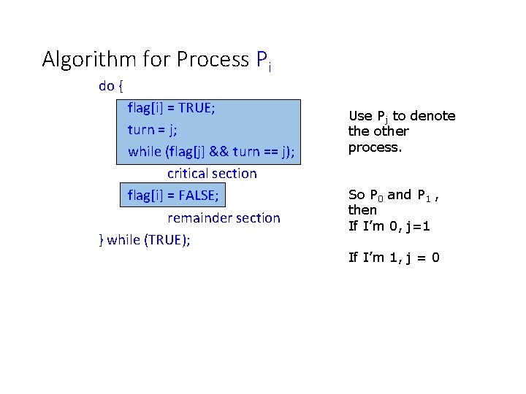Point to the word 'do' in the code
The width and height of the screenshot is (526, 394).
point(107,86)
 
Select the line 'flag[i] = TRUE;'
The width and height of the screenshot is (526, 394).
point(171,108)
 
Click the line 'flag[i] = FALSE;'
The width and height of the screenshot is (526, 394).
point(173,196)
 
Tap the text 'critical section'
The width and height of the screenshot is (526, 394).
point(212,174)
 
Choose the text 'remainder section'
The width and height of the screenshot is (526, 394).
point(224,218)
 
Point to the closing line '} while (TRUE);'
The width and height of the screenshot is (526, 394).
point(144,239)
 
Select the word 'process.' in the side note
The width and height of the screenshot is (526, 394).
point(376,147)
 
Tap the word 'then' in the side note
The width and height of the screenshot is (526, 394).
point(363,209)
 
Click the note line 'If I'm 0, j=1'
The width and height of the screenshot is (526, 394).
point(389,225)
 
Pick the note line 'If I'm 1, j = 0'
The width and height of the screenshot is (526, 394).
point(394,257)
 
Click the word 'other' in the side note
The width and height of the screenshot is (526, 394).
point(392,131)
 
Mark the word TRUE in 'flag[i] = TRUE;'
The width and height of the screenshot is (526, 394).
point(195,108)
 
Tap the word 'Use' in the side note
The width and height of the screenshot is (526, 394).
point(361,115)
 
